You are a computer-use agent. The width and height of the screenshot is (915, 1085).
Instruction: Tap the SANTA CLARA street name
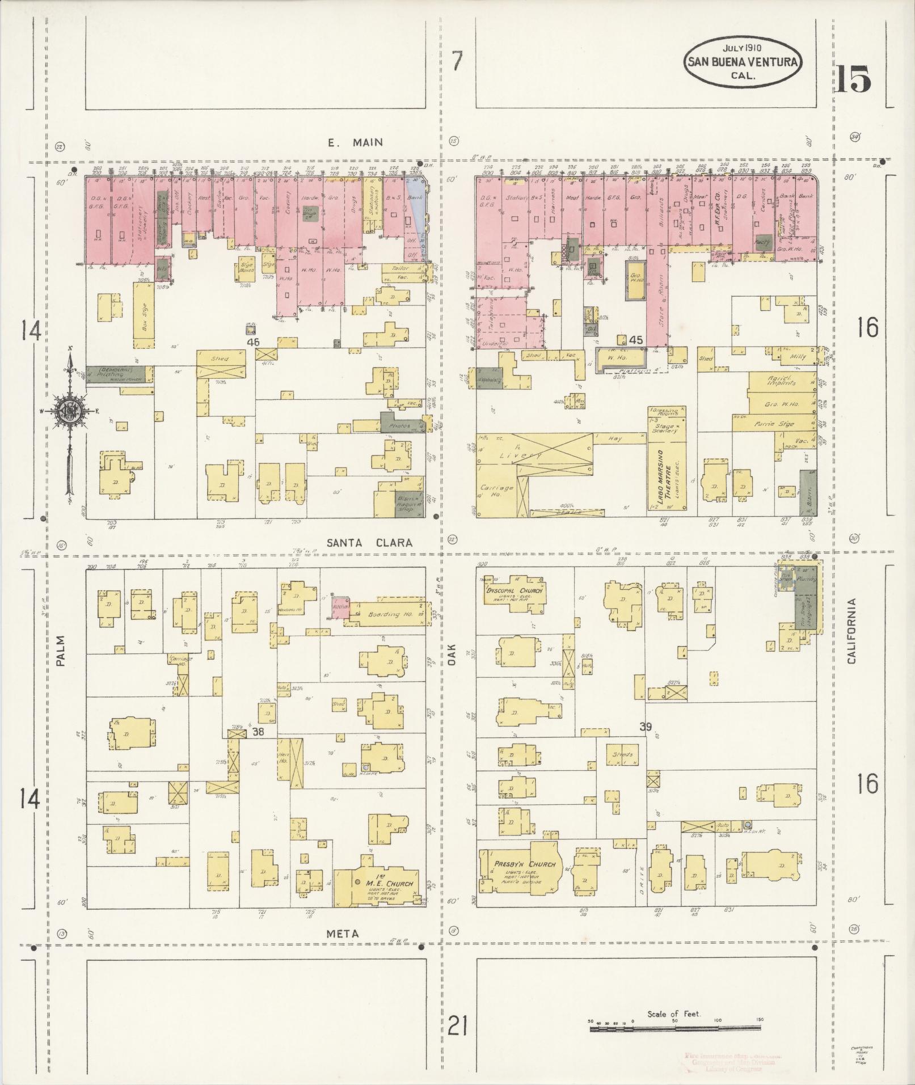tap(369, 543)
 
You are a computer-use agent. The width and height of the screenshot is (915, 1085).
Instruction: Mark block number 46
tap(253, 343)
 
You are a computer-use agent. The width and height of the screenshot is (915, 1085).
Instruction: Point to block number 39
tap(645, 727)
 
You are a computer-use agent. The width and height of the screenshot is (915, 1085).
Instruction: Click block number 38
tap(258, 732)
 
